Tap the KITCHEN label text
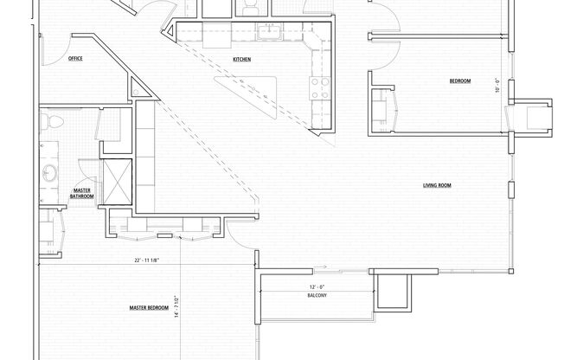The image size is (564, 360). [242, 59]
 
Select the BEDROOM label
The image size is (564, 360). [459, 80]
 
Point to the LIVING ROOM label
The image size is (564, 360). [438, 185]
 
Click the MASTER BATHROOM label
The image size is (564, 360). [82, 194]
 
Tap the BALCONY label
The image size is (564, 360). [316, 296]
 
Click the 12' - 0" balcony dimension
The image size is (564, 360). [317, 286]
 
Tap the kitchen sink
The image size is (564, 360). [271, 35]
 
